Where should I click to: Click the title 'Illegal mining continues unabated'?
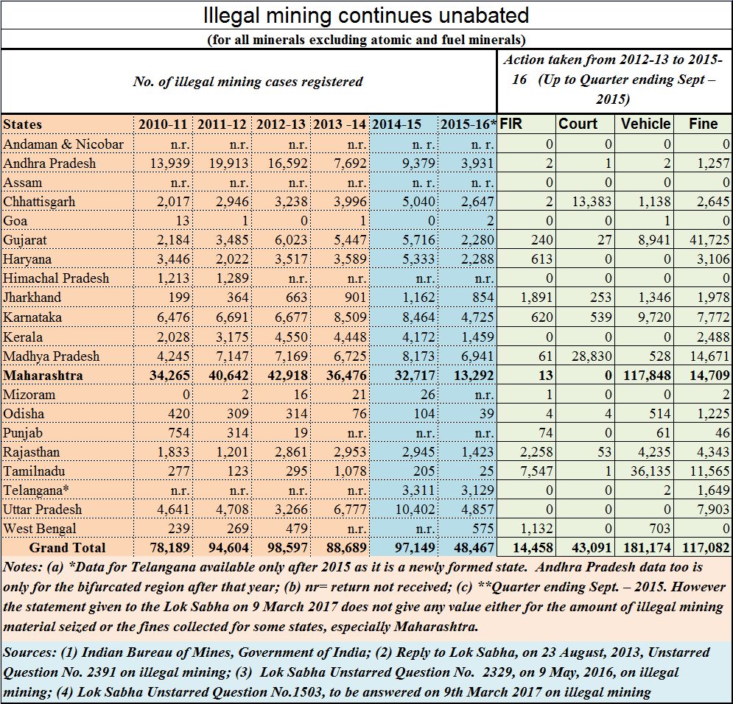[x=366, y=15]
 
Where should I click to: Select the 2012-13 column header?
[x=281, y=124]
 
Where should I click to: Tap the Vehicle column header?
[x=645, y=124]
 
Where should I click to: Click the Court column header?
[x=578, y=124]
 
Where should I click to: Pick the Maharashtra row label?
[x=43, y=375]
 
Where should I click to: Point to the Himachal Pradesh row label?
[x=56, y=278]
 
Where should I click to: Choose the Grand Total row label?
[x=67, y=547]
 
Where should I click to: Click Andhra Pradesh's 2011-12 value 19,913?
[x=228, y=163]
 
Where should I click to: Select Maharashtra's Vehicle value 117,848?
[x=647, y=375]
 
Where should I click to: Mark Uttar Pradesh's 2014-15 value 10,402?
[x=415, y=509]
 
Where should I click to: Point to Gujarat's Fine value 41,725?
[x=709, y=240]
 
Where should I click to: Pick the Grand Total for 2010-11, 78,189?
[x=169, y=547]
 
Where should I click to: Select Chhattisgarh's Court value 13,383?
[x=592, y=201]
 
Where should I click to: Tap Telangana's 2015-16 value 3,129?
[x=477, y=490]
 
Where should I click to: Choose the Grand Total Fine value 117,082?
[x=706, y=547]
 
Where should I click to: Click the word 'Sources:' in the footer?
[x=30, y=652]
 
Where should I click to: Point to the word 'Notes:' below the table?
[x=24, y=567]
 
